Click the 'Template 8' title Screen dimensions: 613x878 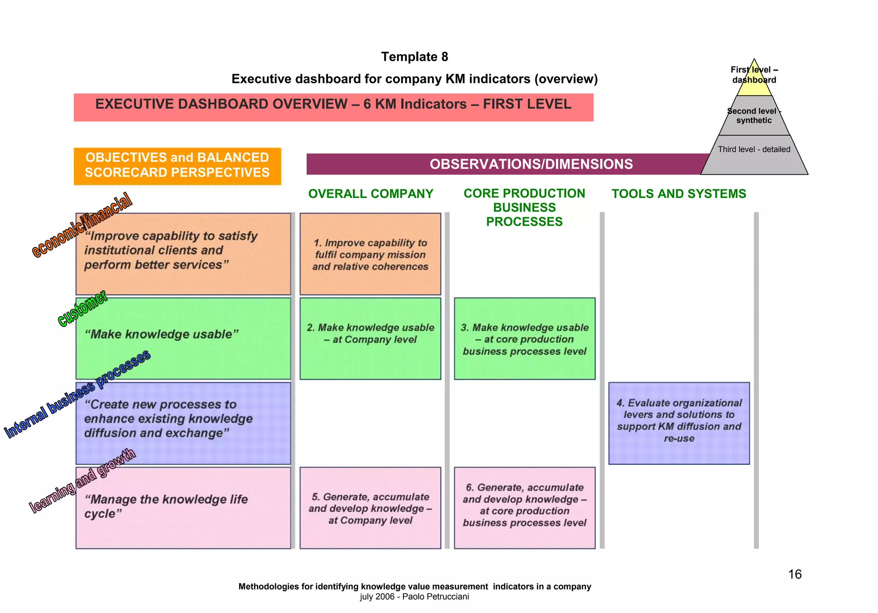[x=415, y=57]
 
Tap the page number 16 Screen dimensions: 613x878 [x=795, y=574]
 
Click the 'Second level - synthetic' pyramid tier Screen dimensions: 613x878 [x=754, y=116]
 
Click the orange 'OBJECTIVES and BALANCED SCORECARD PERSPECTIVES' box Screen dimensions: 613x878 [x=177, y=166]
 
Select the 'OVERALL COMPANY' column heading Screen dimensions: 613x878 [x=371, y=194]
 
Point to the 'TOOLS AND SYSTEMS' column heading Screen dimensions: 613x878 [x=679, y=194]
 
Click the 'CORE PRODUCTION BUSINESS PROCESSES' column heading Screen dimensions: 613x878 [x=524, y=207]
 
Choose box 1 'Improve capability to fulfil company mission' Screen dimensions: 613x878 [x=370, y=254]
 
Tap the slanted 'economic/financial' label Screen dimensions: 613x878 [x=82, y=225]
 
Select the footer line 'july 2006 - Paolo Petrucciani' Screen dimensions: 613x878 [x=415, y=597]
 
